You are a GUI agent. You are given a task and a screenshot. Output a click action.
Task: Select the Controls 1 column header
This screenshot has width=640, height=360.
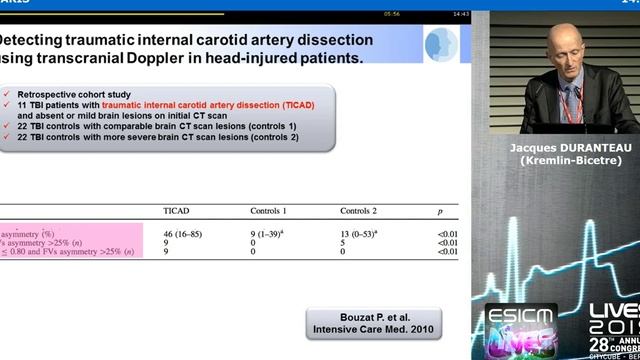[268, 210]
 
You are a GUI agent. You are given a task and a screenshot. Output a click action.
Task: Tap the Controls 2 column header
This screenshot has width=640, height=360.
[358, 210]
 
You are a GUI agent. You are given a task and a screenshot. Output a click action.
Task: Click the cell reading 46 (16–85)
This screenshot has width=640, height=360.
[183, 232]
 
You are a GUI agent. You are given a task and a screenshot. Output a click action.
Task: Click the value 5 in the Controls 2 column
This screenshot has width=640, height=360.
[343, 242]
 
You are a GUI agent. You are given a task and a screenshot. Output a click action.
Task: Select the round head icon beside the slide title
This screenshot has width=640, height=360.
[441, 46]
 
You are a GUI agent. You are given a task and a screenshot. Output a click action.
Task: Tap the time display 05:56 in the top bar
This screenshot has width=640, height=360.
[391, 14]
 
